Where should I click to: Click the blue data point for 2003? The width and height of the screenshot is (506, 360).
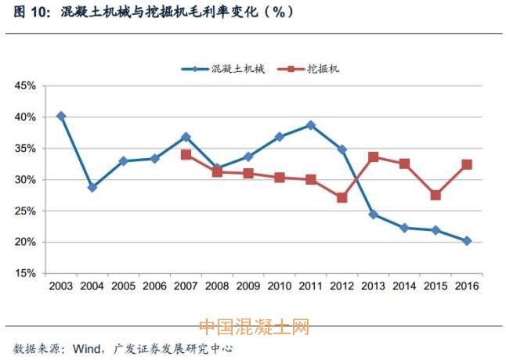61,116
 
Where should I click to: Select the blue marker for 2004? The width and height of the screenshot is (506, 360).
92,188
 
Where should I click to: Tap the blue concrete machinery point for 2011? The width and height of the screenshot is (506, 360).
311,125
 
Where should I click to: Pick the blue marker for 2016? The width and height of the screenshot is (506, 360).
467,241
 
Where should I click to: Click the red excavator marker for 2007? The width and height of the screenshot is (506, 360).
186,155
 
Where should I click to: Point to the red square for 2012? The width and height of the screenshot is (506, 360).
342,198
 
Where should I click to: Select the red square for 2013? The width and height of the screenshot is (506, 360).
374,157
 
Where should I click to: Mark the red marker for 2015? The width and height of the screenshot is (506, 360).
436,195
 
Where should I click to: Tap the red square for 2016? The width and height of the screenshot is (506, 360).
467,164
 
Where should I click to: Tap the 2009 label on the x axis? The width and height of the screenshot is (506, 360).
248,286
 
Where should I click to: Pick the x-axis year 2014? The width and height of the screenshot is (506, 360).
404,286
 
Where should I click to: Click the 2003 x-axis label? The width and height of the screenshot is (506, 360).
61,286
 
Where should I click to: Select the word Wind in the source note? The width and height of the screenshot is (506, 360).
93,347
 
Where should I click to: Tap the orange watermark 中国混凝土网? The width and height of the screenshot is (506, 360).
254,326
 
